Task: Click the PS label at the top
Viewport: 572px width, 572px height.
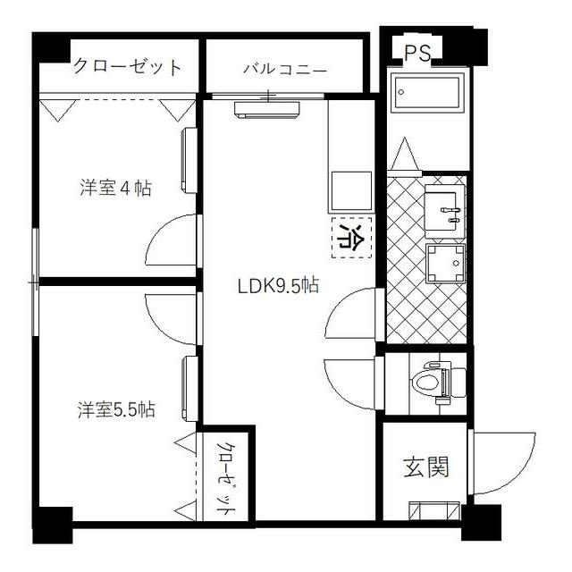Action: (x=417, y=53)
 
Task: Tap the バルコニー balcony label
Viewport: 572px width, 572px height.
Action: (x=285, y=69)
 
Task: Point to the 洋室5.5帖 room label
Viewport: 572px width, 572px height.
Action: (x=116, y=410)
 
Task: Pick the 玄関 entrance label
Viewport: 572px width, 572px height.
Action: (x=425, y=466)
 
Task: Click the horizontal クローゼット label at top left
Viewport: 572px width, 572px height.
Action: (x=128, y=67)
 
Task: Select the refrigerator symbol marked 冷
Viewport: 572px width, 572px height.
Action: (x=349, y=238)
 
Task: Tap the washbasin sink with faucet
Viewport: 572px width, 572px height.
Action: (x=442, y=207)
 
